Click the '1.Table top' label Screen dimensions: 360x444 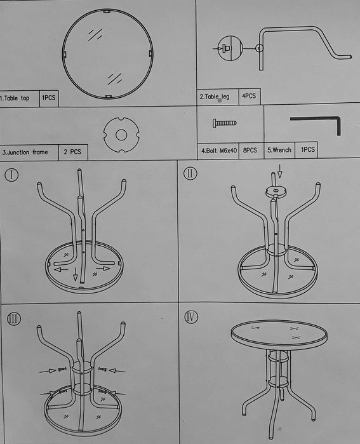pos(15,98)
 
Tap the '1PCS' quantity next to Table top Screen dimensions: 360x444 pos(49,98)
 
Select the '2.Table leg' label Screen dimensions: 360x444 pos(214,97)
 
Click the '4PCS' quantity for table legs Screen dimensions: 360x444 pos(249,96)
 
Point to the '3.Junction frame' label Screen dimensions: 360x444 pos(25,152)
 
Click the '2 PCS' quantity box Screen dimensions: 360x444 pos(73,152)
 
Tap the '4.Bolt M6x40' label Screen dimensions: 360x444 pos(219,151)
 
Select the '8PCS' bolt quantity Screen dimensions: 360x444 pos(250,150)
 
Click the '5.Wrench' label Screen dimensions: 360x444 pos(279,150)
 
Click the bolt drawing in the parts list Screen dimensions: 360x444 pos(224,123)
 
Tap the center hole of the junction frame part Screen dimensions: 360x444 pos(121,135)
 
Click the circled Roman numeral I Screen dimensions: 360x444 pos(11,175)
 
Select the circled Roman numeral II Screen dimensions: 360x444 pos(190,173)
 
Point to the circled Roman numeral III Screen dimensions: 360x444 pos(13,319)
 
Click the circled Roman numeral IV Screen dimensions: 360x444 pos(191,317)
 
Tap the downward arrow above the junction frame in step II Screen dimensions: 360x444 pos(280,171)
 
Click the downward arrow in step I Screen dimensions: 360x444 pos(76,274)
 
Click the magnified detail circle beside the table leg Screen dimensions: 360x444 pos(230,48)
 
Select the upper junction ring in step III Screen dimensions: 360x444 pos(82,368)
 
